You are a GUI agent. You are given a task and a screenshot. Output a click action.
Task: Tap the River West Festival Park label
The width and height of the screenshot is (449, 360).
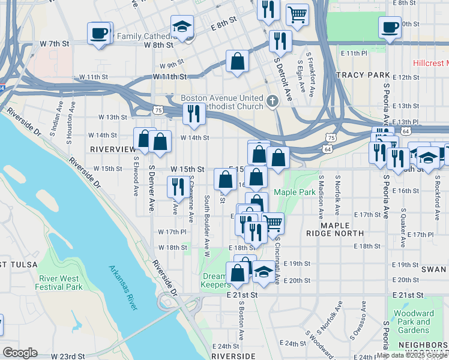(60, 283)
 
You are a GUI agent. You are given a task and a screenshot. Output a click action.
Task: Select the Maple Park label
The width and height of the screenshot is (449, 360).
(295, 192)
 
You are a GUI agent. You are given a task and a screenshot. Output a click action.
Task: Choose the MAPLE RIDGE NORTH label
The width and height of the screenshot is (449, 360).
(342, 229)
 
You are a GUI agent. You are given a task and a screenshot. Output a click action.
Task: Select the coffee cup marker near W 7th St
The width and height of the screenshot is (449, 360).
(98, 33)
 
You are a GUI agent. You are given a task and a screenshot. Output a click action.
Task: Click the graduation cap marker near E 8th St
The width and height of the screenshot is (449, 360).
(181, 27)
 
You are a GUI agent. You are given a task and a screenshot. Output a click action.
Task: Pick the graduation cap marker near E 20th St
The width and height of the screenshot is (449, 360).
(263, 272)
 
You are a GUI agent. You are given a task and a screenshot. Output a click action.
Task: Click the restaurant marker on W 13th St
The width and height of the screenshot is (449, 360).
(193, 113)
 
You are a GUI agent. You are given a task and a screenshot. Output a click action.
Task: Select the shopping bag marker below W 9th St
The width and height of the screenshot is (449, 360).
(238, 61)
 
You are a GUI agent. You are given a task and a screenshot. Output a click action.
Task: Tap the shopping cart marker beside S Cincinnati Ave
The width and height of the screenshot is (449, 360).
(273, 223)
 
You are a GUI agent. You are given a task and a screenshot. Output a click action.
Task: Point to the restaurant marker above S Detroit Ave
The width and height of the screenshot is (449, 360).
(280, 41)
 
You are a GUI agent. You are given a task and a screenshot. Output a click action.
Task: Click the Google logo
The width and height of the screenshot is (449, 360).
(20, 353)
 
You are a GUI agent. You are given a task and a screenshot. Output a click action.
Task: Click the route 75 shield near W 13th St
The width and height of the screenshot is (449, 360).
(157, 110)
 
